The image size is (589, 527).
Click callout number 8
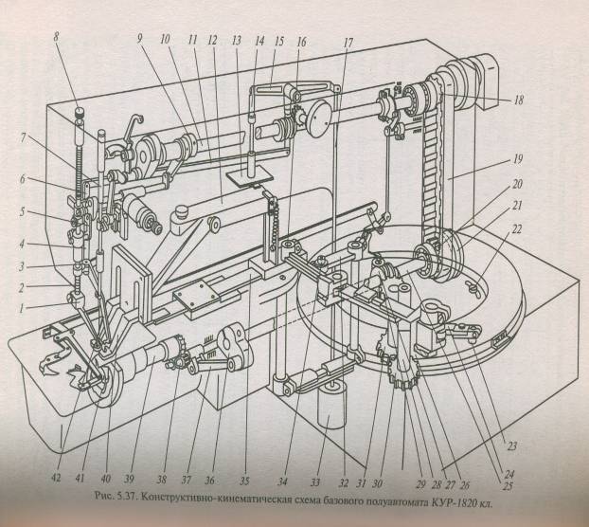tap(57, 38)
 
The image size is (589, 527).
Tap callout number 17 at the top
tap(348, 43)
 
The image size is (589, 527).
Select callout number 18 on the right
tap(519, 100)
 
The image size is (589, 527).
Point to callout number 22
tap(517, 229)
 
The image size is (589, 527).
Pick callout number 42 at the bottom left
tap(56, 478)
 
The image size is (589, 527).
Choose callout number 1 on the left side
tap(21, 309)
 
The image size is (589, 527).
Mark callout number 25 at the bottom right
tap(508, 486)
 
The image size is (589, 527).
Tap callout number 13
tap(237, 41)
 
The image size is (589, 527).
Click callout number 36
tap(209, 480)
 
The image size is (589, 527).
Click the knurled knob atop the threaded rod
tap(79, 113)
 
